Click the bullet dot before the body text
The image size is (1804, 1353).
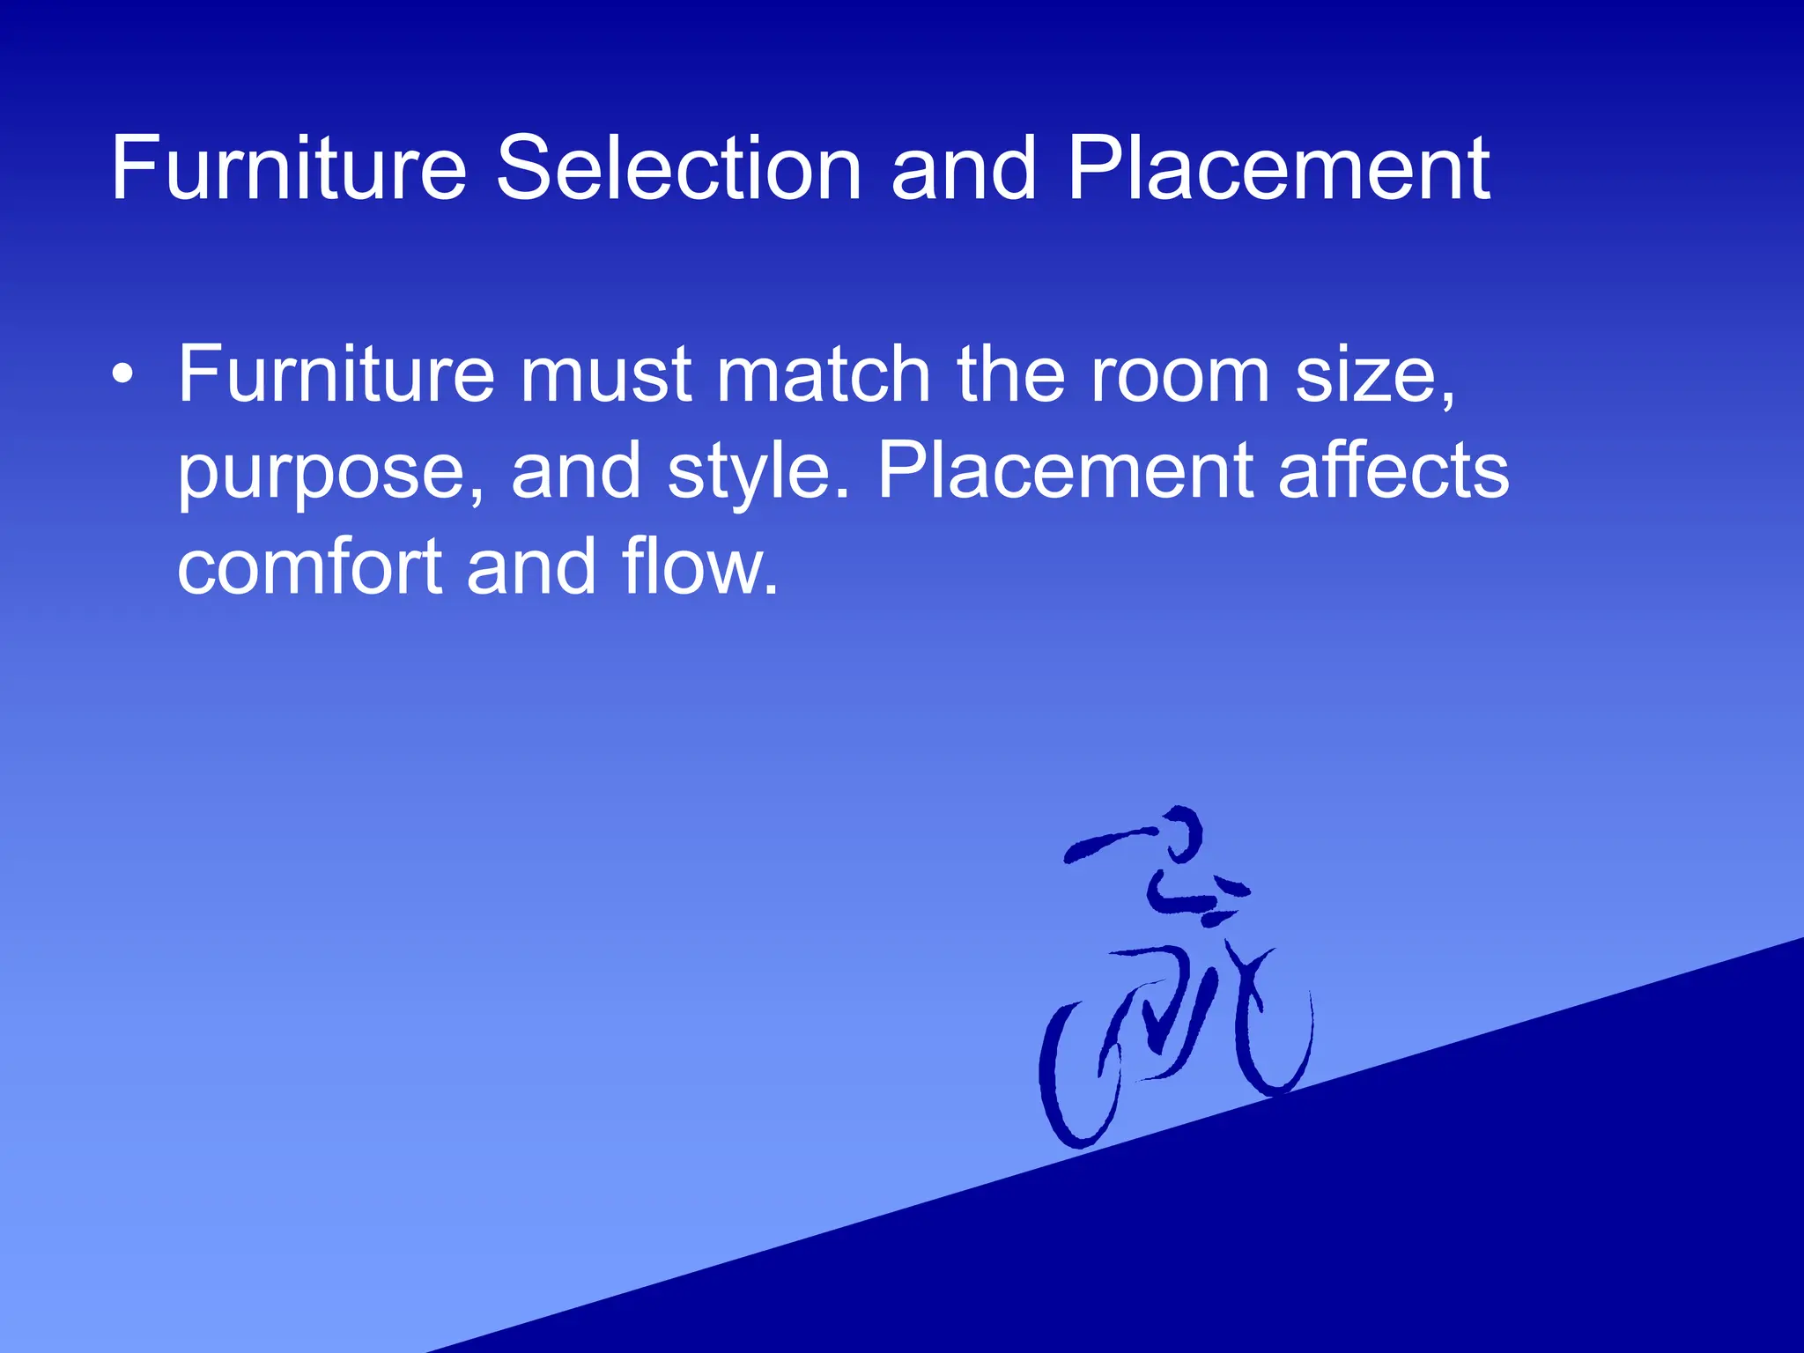click(x=123, y=375)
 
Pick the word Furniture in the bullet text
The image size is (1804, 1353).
click(x=336, y=374)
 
